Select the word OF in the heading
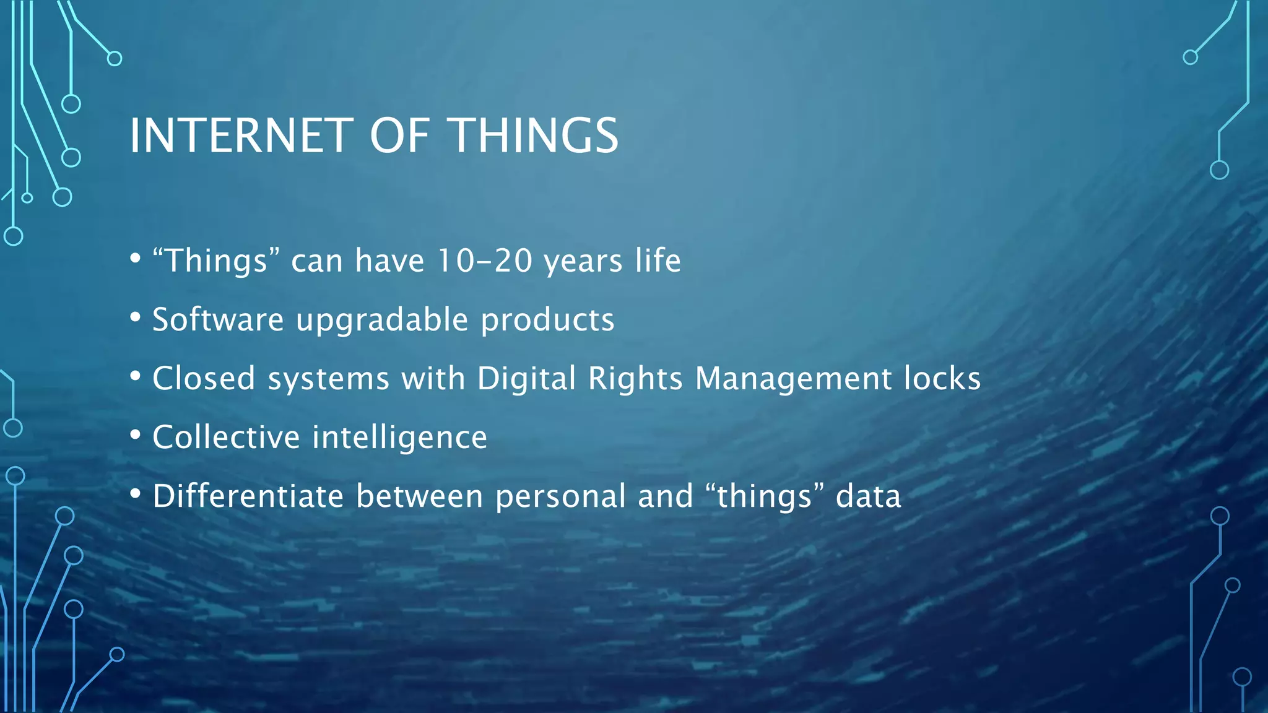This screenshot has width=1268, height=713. (x=399, y=136)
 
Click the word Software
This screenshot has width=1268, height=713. (x=218, y=319)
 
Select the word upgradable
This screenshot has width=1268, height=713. (x=382, y=321)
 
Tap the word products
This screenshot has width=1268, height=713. (x=547, y=321)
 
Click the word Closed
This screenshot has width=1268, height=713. (x=204, y=378)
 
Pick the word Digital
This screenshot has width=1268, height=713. (x=526, y=379)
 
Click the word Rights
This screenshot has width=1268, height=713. (x=635, y=379)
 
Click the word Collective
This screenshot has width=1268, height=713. (x=226, y=437)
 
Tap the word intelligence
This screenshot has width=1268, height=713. (x=399, y=438)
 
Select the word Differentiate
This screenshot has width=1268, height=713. (x=248, y=496)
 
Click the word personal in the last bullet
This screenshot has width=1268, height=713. (x=560, y=497)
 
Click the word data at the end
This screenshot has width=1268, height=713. (x=868, y=496)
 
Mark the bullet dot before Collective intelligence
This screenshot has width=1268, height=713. (x=136, y=435)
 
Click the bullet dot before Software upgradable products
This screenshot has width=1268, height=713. (x=136, y=318)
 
